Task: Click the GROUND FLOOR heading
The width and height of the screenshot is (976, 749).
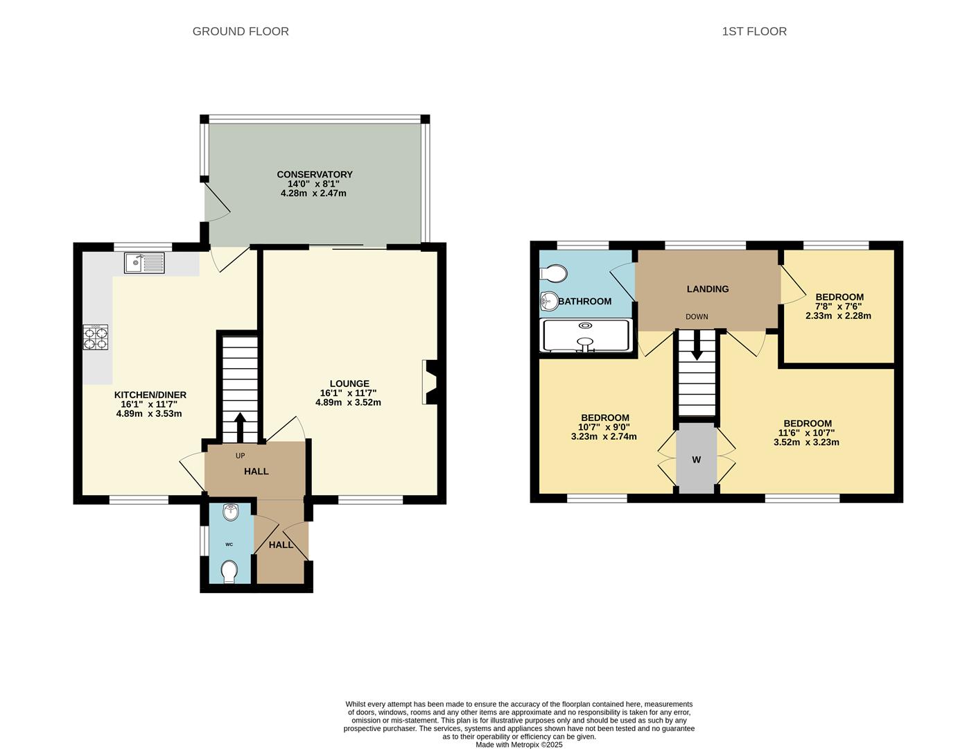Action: tap(241, 31)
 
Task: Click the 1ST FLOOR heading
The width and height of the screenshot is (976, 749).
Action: tap(754, 31)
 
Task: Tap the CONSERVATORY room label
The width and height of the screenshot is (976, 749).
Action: tap(315, 175)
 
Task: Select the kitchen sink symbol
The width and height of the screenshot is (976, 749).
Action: tap(144, 264)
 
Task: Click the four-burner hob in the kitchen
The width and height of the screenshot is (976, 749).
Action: tap(96, 337)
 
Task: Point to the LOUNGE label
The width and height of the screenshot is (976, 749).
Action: tap(349, 384)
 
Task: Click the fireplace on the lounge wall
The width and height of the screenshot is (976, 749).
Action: tap(429, 382)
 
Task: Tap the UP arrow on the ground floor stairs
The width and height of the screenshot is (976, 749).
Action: tap(240, 427)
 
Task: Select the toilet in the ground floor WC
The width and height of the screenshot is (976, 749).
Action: tap(229, 571)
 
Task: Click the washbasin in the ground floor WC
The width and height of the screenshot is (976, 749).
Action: tap(231, 513)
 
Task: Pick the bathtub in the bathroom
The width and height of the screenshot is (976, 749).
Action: tap(586, 335)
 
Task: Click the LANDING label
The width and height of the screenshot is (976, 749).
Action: tap(708, 289)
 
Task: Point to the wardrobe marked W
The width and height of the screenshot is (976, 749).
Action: tap(697, 459)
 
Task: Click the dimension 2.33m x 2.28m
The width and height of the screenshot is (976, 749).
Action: tap(838, 316)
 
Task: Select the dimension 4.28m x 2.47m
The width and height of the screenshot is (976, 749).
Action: tap(313, 193)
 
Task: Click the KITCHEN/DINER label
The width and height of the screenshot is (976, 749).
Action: tap(150, 395)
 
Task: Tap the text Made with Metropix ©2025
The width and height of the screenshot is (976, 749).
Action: tap(519, 745)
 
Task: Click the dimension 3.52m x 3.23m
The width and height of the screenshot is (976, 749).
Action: tap(806, 442)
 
